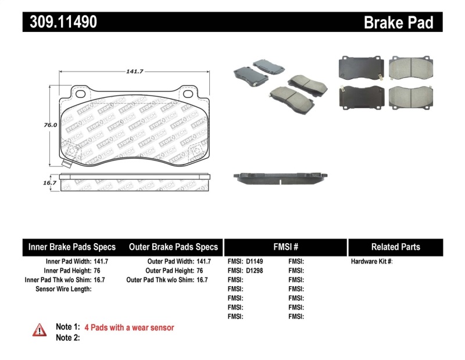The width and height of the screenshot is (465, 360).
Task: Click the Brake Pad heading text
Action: coord(399,23)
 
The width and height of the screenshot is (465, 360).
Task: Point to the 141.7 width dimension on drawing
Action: coord(135,71)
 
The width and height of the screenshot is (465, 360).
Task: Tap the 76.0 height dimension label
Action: coord(50,124)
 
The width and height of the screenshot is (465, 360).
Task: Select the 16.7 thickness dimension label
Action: coord(50,183)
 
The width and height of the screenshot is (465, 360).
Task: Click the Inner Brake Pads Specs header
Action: coord(72,247)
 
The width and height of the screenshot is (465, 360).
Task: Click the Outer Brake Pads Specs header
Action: coord(173,247)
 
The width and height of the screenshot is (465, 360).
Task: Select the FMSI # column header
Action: coord(285,247)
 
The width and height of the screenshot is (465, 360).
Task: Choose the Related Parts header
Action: coord(395,247)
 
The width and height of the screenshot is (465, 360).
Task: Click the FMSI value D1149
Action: coord(254,262)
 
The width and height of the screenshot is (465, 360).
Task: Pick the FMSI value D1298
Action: coord(254,270)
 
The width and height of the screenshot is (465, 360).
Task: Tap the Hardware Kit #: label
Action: coord(371,262)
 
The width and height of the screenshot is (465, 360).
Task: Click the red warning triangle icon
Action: coord(40,330)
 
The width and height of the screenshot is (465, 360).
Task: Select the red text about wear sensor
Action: coord(129,327)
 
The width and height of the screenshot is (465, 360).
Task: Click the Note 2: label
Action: coord(67,337)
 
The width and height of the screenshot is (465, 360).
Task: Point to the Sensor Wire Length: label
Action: coord(63,288)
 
